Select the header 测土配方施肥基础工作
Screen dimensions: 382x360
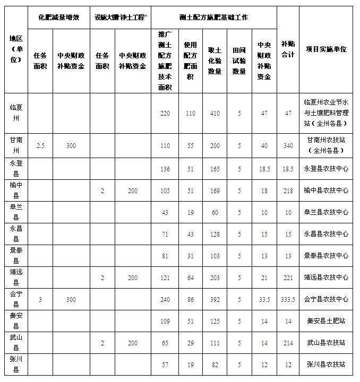214,18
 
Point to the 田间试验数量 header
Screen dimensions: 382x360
239,60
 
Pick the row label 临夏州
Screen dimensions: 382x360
16,112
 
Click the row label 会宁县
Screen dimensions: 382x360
16,299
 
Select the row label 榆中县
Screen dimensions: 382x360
16,190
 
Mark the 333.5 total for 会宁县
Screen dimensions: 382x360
288,300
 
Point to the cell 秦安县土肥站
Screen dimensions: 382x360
326,321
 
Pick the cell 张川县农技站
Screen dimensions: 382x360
326,364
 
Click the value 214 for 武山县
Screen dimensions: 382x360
288,343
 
